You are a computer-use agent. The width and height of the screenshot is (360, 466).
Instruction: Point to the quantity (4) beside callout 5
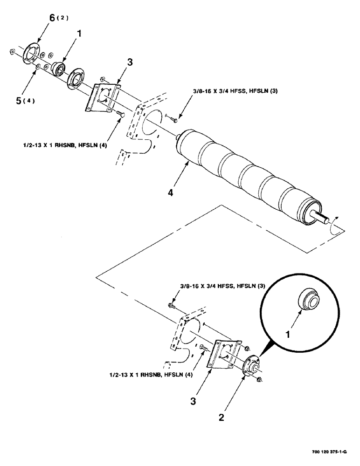coord(32,100)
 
